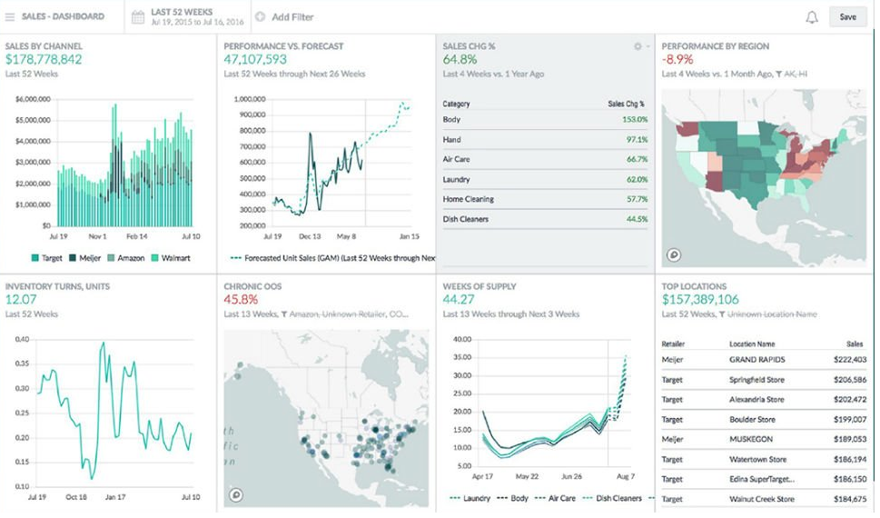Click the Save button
[846, 16]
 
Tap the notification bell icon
[811, 16]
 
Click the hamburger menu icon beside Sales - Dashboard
[10, 16]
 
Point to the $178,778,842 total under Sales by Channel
[44, 60]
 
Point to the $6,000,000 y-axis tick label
[32, 98]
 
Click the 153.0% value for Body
[634, 119]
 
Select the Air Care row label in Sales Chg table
[456, 159]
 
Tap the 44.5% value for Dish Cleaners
[636, 219]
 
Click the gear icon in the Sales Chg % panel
[638, 46]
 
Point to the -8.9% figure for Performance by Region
[678, 60]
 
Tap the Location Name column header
[752, 344]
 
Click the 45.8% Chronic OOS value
[241, 299]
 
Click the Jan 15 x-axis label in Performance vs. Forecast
[409, 236]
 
